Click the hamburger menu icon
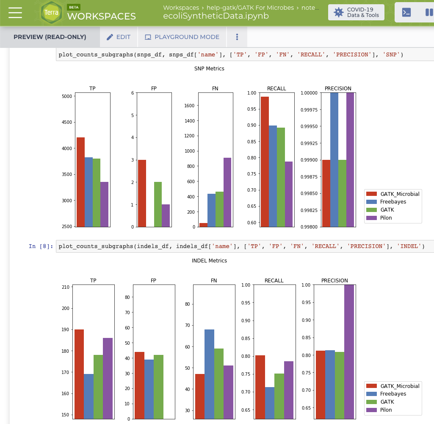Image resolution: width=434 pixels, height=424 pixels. pyautogui.click(x=15, y=13)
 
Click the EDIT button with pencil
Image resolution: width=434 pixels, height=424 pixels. pyautogui.click(x=119, y=37)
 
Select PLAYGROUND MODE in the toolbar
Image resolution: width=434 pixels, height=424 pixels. pyautogui.click(x=182, y=37)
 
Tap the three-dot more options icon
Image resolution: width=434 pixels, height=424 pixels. pyautogui.click(x=237, y=37)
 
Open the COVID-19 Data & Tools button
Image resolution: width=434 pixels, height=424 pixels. pyautogui.click(x=356, y=12)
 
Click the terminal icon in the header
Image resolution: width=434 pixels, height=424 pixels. pyautogui.click(x=406, y=12)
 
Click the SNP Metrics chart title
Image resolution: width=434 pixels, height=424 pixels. pyautogui.click(x=209, y=69)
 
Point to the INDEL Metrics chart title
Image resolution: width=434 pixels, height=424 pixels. pyautogui.click(x=209, y=261)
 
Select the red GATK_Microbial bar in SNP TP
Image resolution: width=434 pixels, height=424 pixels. pyautogui.click(x=80, y=182)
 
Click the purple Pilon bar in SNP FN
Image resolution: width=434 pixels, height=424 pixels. pyautogui.click(x=227, y=192)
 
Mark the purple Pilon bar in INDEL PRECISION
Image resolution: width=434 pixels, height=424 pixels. pyautogui.click(x=349, y=352)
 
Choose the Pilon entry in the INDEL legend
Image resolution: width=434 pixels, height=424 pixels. pyautogui.click(x=386, y=410)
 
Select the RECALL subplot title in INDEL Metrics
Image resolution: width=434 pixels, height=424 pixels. pyautogui.click(x=274, y=281)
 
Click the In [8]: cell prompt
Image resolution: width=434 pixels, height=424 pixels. pyautogui.click(x=41, y=246)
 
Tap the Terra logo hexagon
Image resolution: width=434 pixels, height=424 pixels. pyautogui.click(x=51, y=12)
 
